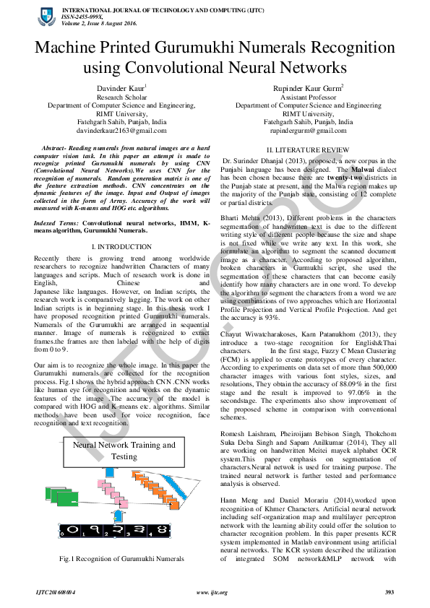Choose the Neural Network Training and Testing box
124,451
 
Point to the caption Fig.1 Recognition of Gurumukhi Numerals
122,559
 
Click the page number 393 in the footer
389,593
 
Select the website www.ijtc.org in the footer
212,593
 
